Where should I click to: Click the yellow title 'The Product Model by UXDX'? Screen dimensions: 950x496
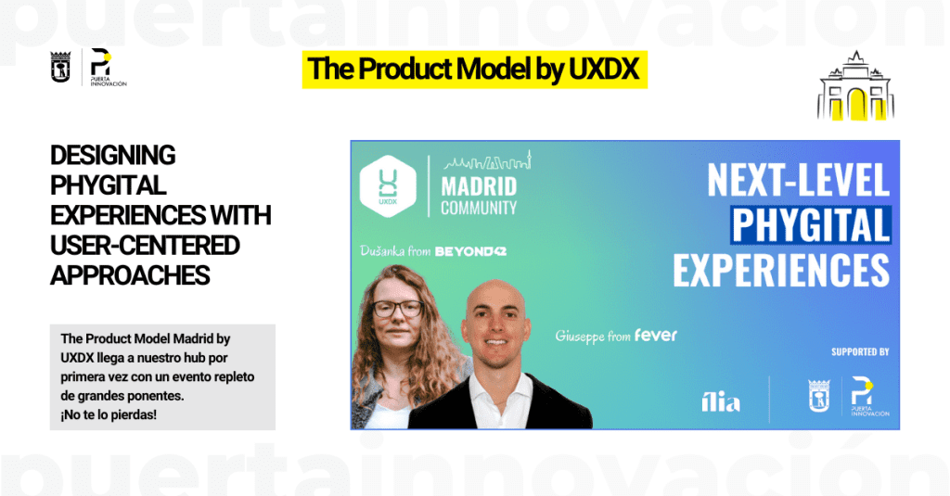[474, 69]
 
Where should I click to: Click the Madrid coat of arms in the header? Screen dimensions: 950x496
[60, 68]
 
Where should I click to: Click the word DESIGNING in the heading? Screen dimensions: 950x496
[112, 156]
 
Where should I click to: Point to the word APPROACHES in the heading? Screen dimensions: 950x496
[130, 275]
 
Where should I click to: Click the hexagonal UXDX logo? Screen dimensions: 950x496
[388, 186]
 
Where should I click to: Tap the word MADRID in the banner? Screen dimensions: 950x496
[479, 186]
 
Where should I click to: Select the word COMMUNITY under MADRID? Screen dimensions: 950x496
[479, 208]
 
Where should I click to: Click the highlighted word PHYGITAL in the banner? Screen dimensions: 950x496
[811, 224]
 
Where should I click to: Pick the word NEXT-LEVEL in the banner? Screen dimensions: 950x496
[798, 180]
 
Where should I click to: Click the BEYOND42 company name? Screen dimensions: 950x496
[470, 251]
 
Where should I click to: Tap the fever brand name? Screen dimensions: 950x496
[656, 335]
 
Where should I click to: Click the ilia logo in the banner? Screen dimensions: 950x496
[720, 401]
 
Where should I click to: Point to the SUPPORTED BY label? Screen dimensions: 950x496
[860, 352]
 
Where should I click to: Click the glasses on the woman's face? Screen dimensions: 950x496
[397, 309]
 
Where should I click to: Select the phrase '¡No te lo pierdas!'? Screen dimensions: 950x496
[109, 414]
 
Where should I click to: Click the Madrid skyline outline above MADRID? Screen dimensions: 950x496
[488, 161]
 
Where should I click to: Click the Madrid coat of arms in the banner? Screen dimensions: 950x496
[818, 396]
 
